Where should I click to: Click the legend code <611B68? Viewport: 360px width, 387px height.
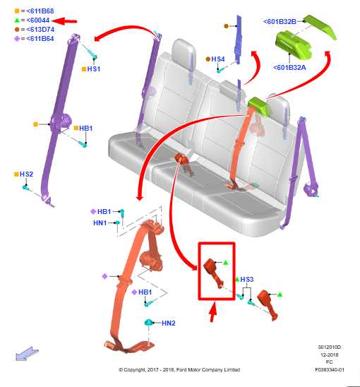tap(40, 11)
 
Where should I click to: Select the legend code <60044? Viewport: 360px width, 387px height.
tap(37, 20)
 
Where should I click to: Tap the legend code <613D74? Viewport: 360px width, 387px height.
tap(40, 30)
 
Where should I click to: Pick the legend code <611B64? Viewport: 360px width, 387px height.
tap(40, 39)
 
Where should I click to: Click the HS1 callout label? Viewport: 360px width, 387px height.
tap(94, 69)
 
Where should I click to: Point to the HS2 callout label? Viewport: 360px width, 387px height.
tap(26, 174)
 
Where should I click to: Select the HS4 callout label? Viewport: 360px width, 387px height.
tap(218, 59)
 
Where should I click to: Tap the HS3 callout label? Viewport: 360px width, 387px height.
tap(247, 279)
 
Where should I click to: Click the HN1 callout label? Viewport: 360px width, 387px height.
tap(100, 223)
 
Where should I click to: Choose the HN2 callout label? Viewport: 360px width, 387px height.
tap(169, 323)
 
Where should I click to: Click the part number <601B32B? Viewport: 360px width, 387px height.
tap(280, 22)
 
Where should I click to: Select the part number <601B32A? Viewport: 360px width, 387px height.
tap(289, 67)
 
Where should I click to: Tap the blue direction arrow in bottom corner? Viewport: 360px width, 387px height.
tap(27, 354)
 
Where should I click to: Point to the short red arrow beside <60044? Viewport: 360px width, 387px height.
tap(65, 21)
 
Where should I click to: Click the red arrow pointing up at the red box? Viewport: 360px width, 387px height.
tap(212, 311)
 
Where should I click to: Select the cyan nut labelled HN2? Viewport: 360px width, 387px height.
tap(148, 322)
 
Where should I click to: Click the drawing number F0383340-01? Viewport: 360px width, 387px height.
tap(330, 369)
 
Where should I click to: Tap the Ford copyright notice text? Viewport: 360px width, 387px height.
tap(179, 369)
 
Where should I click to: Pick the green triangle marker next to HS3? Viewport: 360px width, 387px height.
tap(237, 280)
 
